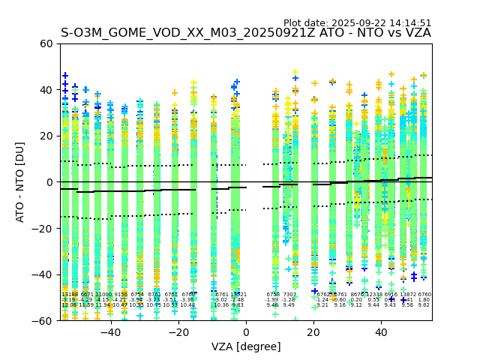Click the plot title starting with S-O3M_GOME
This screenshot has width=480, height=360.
(x=246, y=33)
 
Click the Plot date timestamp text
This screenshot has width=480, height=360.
(x=357, y=23)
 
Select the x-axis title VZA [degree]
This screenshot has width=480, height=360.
(x=246, y=346)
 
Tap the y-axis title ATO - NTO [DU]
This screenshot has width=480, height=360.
(x=20, y=182)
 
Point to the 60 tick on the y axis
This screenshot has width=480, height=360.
(x=46, y=43)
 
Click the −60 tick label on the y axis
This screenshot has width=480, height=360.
(x=43, y=321)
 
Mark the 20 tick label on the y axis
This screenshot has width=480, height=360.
(x=46, y=136)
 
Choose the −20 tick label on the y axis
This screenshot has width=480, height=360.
(x=43, y=229)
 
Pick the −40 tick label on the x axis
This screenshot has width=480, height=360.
(x=110, y=332)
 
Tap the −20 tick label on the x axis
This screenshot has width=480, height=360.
(x=178, y=332)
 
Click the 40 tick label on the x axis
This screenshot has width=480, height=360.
(x=381, y=332)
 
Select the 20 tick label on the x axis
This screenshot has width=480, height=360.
(x=313, y=332)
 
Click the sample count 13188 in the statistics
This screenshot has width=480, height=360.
(x=69, y=295)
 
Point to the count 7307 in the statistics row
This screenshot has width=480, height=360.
(x=289, y=295)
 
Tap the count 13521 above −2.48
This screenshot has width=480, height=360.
(x=238, y=295)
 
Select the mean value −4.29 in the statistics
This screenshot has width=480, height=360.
(x=86, y=300)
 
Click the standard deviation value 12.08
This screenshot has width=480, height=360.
(x=69, y=305)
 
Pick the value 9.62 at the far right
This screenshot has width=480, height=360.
(x=424, y=305)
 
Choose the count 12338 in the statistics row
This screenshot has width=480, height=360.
(x=373, y=295)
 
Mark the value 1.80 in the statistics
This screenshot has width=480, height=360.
(x=424, y=300)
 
